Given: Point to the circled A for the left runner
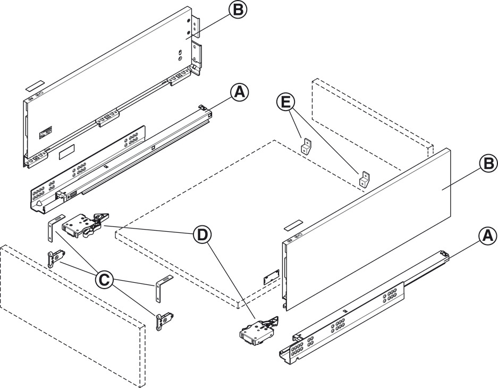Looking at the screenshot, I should click(239, 92).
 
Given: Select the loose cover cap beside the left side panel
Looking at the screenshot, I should click(35, 85).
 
